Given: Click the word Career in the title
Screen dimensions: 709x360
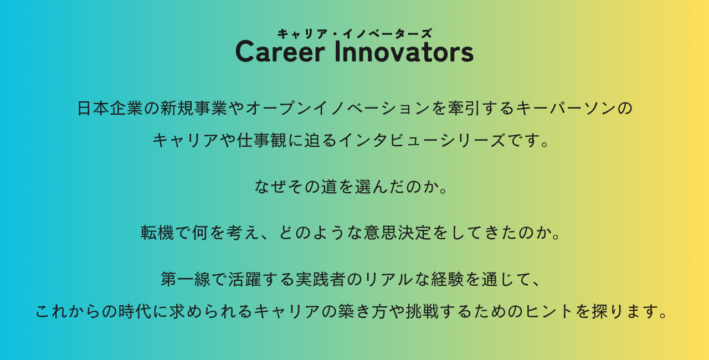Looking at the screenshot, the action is (x=280, y=52).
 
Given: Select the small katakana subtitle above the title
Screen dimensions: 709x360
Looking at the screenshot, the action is (x=355, y=34).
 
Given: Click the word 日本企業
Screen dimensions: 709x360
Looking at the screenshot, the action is (x=110, y=108).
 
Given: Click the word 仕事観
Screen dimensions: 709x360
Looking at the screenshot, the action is (x=261, y=140).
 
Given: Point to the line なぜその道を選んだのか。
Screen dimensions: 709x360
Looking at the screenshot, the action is (x=351, y=186).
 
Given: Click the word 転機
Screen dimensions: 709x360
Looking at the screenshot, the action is (x=157, y=233).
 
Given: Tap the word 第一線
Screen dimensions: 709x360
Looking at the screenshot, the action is (x=186, y=279).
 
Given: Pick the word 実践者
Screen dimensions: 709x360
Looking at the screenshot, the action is (x=320, y=279).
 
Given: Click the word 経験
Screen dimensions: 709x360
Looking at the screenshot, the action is (x=447, y=279).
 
